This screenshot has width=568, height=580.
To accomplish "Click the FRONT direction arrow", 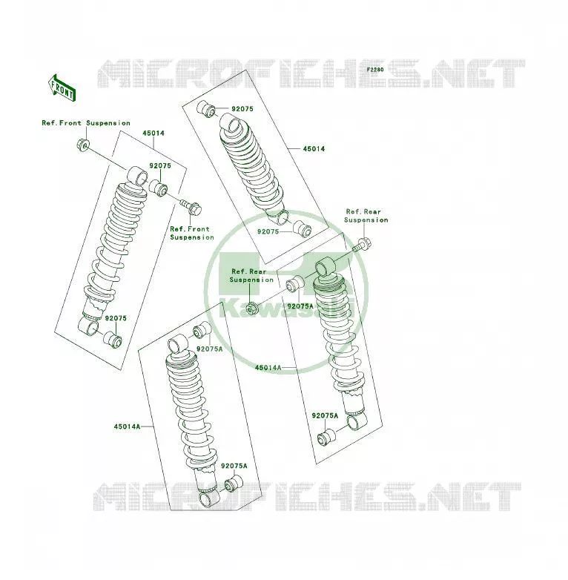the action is (62, 88).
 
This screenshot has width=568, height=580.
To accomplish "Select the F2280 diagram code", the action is (375, 70).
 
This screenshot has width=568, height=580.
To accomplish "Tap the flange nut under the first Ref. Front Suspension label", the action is (83, 145).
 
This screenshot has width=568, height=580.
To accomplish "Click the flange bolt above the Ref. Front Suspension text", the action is (191, 208).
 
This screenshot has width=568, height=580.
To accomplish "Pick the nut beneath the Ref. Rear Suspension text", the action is (251, 308).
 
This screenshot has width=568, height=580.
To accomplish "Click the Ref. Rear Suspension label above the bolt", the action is (366, 216).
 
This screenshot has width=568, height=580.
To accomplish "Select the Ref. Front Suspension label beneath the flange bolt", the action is (192, 233).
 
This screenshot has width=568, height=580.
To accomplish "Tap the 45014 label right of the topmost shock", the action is (314, 148).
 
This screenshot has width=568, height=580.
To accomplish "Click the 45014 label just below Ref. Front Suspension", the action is (153, 134).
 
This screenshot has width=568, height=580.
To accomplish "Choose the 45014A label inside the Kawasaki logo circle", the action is (268, 368).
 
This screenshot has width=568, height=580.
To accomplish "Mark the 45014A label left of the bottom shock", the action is (128, 426).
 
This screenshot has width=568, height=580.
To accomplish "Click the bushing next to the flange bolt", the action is (158, 188).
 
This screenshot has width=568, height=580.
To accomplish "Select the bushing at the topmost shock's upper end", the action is (206, 108).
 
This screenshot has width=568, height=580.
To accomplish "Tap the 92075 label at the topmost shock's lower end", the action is (268, 231).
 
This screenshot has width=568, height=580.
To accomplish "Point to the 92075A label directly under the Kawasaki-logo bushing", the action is (300, 306).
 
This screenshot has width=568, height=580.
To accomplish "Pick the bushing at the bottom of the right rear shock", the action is (326, 437).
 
